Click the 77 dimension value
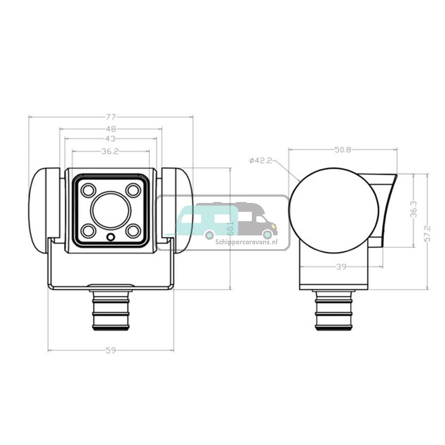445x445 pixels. tap(111, 117)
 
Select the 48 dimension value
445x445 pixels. tap(111, 129)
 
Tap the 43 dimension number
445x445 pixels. tap(111, 138)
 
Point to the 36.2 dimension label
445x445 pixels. tap(110, 151)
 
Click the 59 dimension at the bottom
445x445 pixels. tap(111, 351)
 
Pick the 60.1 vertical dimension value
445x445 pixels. tap(231, 228)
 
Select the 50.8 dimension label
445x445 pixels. tap(343, 150)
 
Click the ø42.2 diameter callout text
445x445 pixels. tap(261, 161)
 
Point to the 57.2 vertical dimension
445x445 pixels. tap(428, 234)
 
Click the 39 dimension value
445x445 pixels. tap(341, 267)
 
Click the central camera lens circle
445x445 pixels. tap(111, 210)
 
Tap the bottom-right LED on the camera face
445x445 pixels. tap(133, 231)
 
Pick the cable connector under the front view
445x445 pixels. tap(111, 309)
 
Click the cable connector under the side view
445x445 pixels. tap(334, 310)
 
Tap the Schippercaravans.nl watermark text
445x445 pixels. tap(247, 242)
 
